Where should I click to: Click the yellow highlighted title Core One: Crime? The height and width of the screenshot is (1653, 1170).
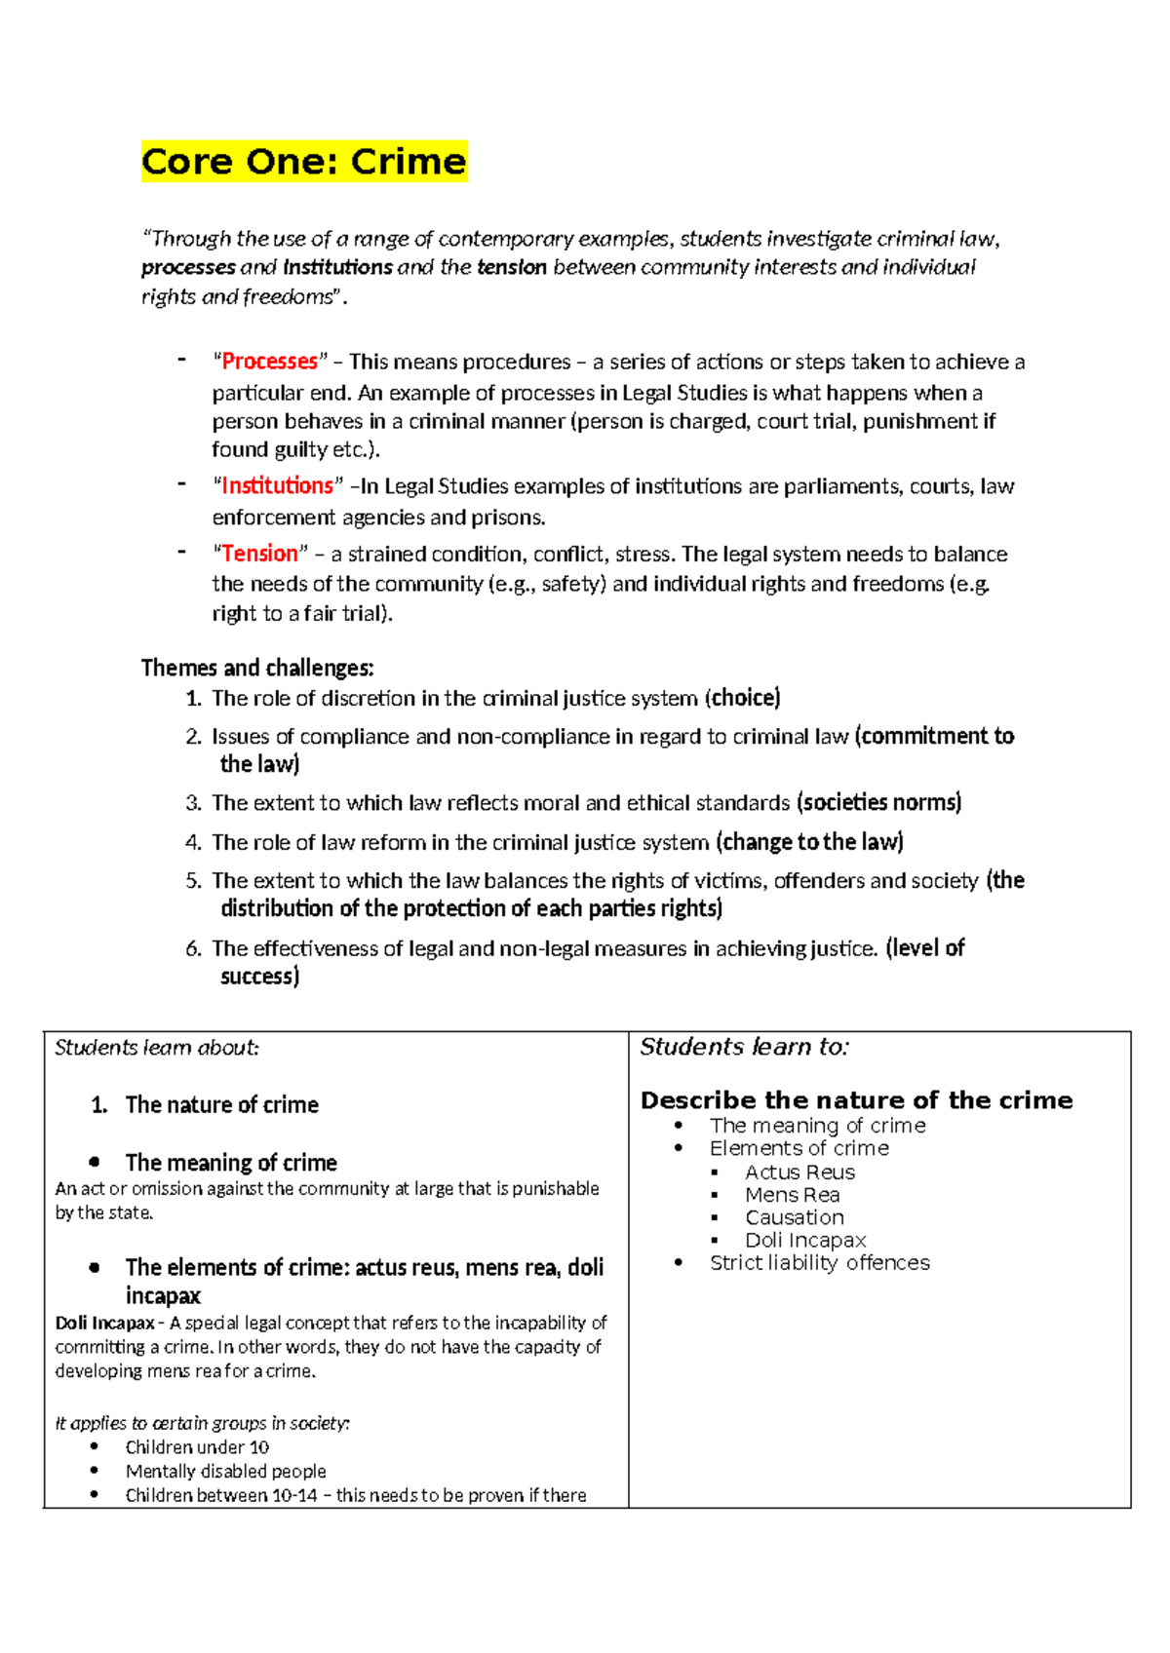pos(303,162)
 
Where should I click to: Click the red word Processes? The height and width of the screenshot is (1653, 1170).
pos(269,362)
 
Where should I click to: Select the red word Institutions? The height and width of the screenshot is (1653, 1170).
pos(277,485)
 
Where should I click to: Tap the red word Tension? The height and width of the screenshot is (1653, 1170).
pos(259,554)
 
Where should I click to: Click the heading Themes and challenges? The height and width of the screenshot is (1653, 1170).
pos(257,668)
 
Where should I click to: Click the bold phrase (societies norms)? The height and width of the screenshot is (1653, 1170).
pos(878,802)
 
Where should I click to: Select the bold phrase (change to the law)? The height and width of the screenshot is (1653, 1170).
pos(809,841)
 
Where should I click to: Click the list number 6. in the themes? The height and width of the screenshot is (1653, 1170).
pos(193,948)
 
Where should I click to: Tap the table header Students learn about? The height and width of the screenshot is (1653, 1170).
pos(156,1048)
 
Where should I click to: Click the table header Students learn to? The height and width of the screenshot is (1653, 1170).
pos(744,1047)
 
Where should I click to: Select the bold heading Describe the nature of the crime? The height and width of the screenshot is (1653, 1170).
pos(856,1100)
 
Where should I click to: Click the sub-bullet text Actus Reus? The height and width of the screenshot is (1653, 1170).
pos(799,1172)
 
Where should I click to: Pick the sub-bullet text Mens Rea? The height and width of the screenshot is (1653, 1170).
pos(792,1195)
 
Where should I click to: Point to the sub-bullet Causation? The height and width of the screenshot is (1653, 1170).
pos(794,1217)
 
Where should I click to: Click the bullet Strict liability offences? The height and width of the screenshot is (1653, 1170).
pos(819,1263)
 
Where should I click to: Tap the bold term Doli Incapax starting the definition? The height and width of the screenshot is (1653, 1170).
pos(104,1323)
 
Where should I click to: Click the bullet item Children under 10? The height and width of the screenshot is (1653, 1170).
pos(197,1447)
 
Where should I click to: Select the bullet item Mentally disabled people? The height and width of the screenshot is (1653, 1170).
pos(225,1471)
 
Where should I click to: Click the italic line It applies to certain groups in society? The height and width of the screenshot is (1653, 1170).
pos(202,1423)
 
